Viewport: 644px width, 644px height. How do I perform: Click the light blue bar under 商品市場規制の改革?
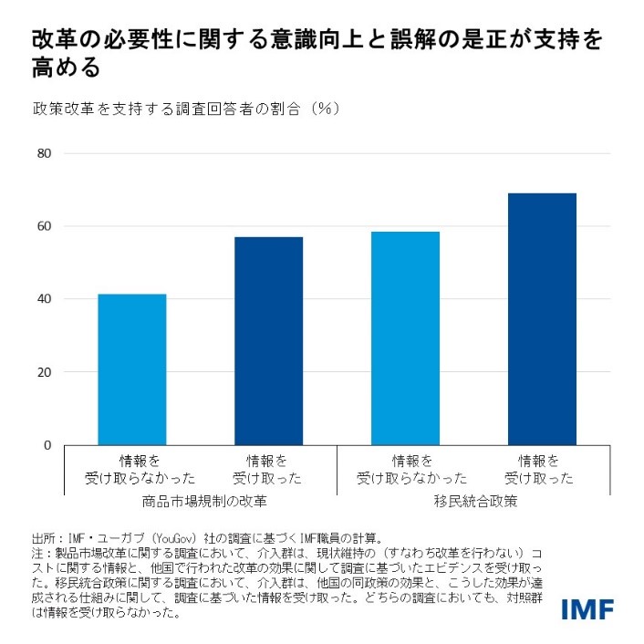(131, 369)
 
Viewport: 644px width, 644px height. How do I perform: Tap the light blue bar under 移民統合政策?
(405, 338)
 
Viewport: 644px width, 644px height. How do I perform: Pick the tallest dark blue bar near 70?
(542, 319)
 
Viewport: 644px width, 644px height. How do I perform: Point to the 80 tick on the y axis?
(43, 153)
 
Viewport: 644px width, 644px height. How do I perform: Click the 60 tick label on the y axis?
(43, 226)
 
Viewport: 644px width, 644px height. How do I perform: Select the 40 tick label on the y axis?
(43, 299)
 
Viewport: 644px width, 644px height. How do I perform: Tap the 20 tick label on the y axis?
(43, 372)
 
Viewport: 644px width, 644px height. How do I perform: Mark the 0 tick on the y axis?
(47, 445)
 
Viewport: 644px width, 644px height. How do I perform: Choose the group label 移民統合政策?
(473, 502)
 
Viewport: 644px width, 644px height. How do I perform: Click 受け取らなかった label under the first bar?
(131, 478)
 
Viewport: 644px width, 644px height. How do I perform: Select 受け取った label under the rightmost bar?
(542, 478)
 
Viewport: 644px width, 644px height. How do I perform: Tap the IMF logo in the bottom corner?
(587, 608)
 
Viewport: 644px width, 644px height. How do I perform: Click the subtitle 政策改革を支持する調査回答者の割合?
(172, 109)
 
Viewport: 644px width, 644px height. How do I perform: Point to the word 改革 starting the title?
(48, 41)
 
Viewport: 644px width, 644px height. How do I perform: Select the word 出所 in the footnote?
(43, 537)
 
